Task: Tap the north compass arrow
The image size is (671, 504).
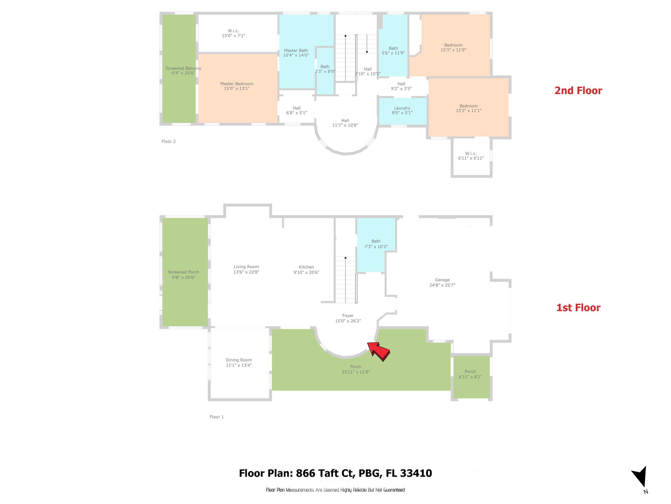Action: [x=640, y=476]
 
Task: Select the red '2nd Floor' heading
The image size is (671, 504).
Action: [x=578, y=91]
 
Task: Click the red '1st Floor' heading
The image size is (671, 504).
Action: [x=578, y=308]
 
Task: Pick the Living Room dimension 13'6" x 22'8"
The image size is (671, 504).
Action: [x=246, y=272]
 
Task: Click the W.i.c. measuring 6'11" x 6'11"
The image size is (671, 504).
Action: [x=471, y=156]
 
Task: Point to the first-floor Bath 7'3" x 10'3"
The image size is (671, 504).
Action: [x=376, y=244]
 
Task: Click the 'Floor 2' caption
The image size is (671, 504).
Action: [x=168, y=141]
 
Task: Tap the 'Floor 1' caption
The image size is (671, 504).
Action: [x=217, y=417]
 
